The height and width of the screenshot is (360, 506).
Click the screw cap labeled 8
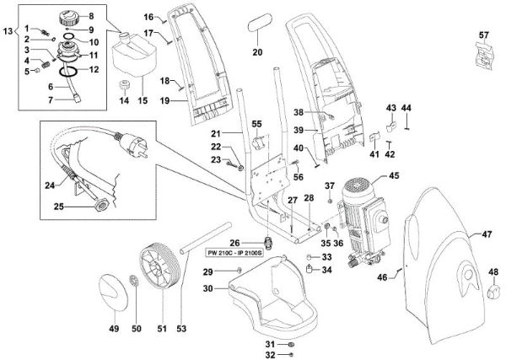(x=64, y=17)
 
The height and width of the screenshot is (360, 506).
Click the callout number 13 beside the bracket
(x=8, y=31)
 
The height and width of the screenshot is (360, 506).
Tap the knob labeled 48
(x=492, y=291)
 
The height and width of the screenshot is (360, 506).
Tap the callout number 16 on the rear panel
(x=148, y=17)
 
